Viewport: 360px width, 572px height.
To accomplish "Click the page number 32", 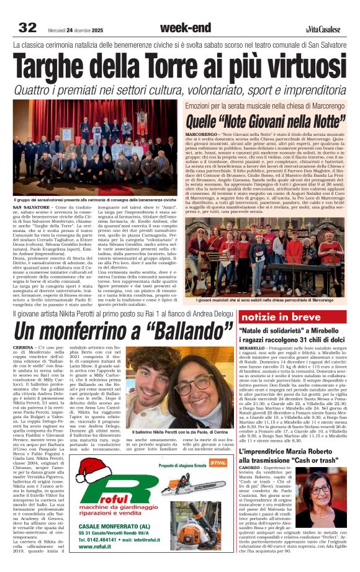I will click(27, 27).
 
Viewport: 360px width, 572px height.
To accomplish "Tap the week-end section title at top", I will click(180, 27).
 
